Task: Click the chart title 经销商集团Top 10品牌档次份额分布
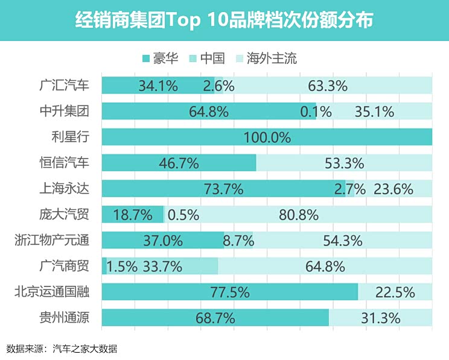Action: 224,21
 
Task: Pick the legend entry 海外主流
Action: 267,58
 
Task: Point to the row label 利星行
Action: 71,137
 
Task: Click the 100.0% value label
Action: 267,137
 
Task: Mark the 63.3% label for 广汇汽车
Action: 328,86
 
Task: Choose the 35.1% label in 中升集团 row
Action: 375,112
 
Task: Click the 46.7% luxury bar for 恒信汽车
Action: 179,163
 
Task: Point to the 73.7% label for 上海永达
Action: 224,189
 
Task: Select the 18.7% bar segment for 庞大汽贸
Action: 132,215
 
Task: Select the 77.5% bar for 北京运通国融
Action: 230,292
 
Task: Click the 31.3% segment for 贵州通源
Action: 381,318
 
